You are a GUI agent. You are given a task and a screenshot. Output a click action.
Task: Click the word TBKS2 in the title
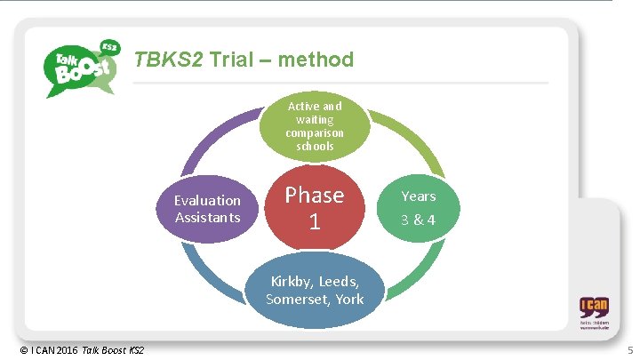[169, 60]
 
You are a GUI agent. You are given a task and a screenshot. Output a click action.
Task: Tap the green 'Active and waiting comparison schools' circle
[314, 125]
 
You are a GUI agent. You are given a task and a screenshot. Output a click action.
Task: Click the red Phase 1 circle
[314, 207]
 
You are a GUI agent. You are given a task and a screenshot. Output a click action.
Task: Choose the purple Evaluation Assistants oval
[207, 209]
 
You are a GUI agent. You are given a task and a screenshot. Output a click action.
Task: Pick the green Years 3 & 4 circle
[418, 206]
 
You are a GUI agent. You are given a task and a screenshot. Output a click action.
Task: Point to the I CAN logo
[594, 314]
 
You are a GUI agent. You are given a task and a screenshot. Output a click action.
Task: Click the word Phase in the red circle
[314, 195]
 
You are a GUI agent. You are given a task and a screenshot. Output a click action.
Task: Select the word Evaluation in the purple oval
[207, 201]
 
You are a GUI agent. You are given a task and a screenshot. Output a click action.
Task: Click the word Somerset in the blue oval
[300, 299]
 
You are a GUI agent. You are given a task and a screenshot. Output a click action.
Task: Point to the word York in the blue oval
[349, 299]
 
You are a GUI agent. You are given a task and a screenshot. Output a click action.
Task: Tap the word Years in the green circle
[418, 195]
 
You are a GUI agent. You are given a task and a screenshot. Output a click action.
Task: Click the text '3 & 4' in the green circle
[418, 220]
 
